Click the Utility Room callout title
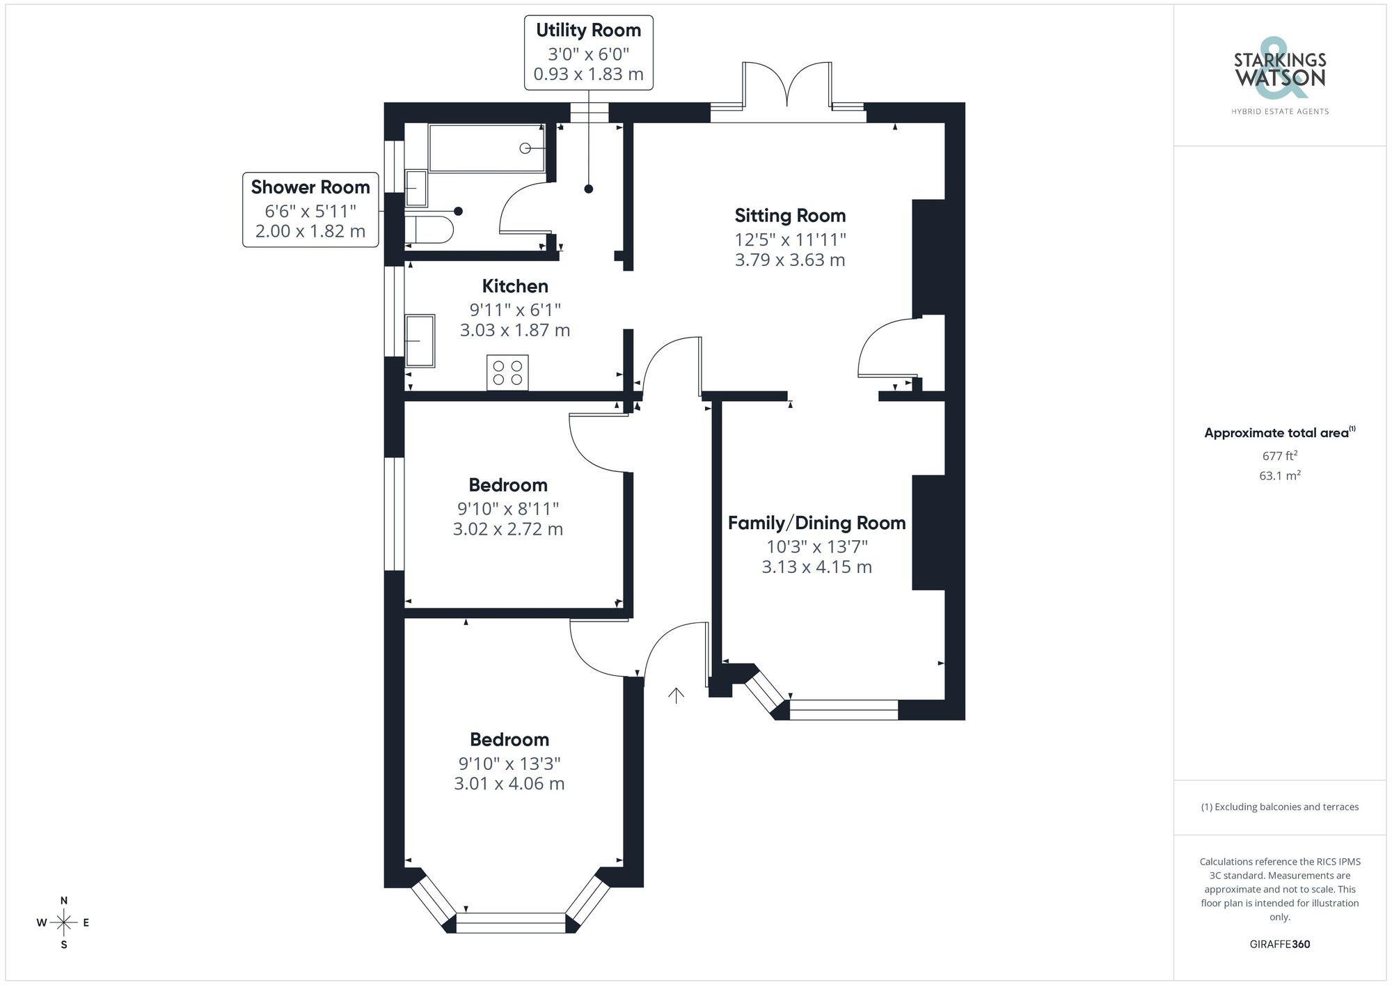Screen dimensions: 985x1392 tap(588, 31)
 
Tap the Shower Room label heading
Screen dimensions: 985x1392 tap(310, 187)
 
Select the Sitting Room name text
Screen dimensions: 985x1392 tap(790, 216)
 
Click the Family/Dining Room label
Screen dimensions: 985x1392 tap(816, 523)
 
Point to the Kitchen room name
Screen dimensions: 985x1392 tap(515, 286)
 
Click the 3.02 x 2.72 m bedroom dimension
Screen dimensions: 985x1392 tap(507, 529)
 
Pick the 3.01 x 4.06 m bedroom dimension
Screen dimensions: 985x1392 tap(509, 783)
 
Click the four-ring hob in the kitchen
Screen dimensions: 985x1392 tap(507, 372)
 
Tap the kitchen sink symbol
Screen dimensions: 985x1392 tap(420, 340)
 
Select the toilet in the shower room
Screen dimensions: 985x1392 tap(429, 229)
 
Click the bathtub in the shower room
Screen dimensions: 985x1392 tap(486, 148)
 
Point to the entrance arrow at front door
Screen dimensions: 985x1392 tap(676, 695)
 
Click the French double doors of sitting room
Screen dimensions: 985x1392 tap(787, 87)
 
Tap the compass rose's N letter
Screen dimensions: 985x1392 tap(64, 900)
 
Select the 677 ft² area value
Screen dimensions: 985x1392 tap(1279, 456)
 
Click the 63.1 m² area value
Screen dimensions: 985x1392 tap(1279, 476)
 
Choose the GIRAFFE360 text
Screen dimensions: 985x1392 tap(1279, 944)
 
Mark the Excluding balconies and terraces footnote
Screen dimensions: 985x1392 tap(1279, 807)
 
